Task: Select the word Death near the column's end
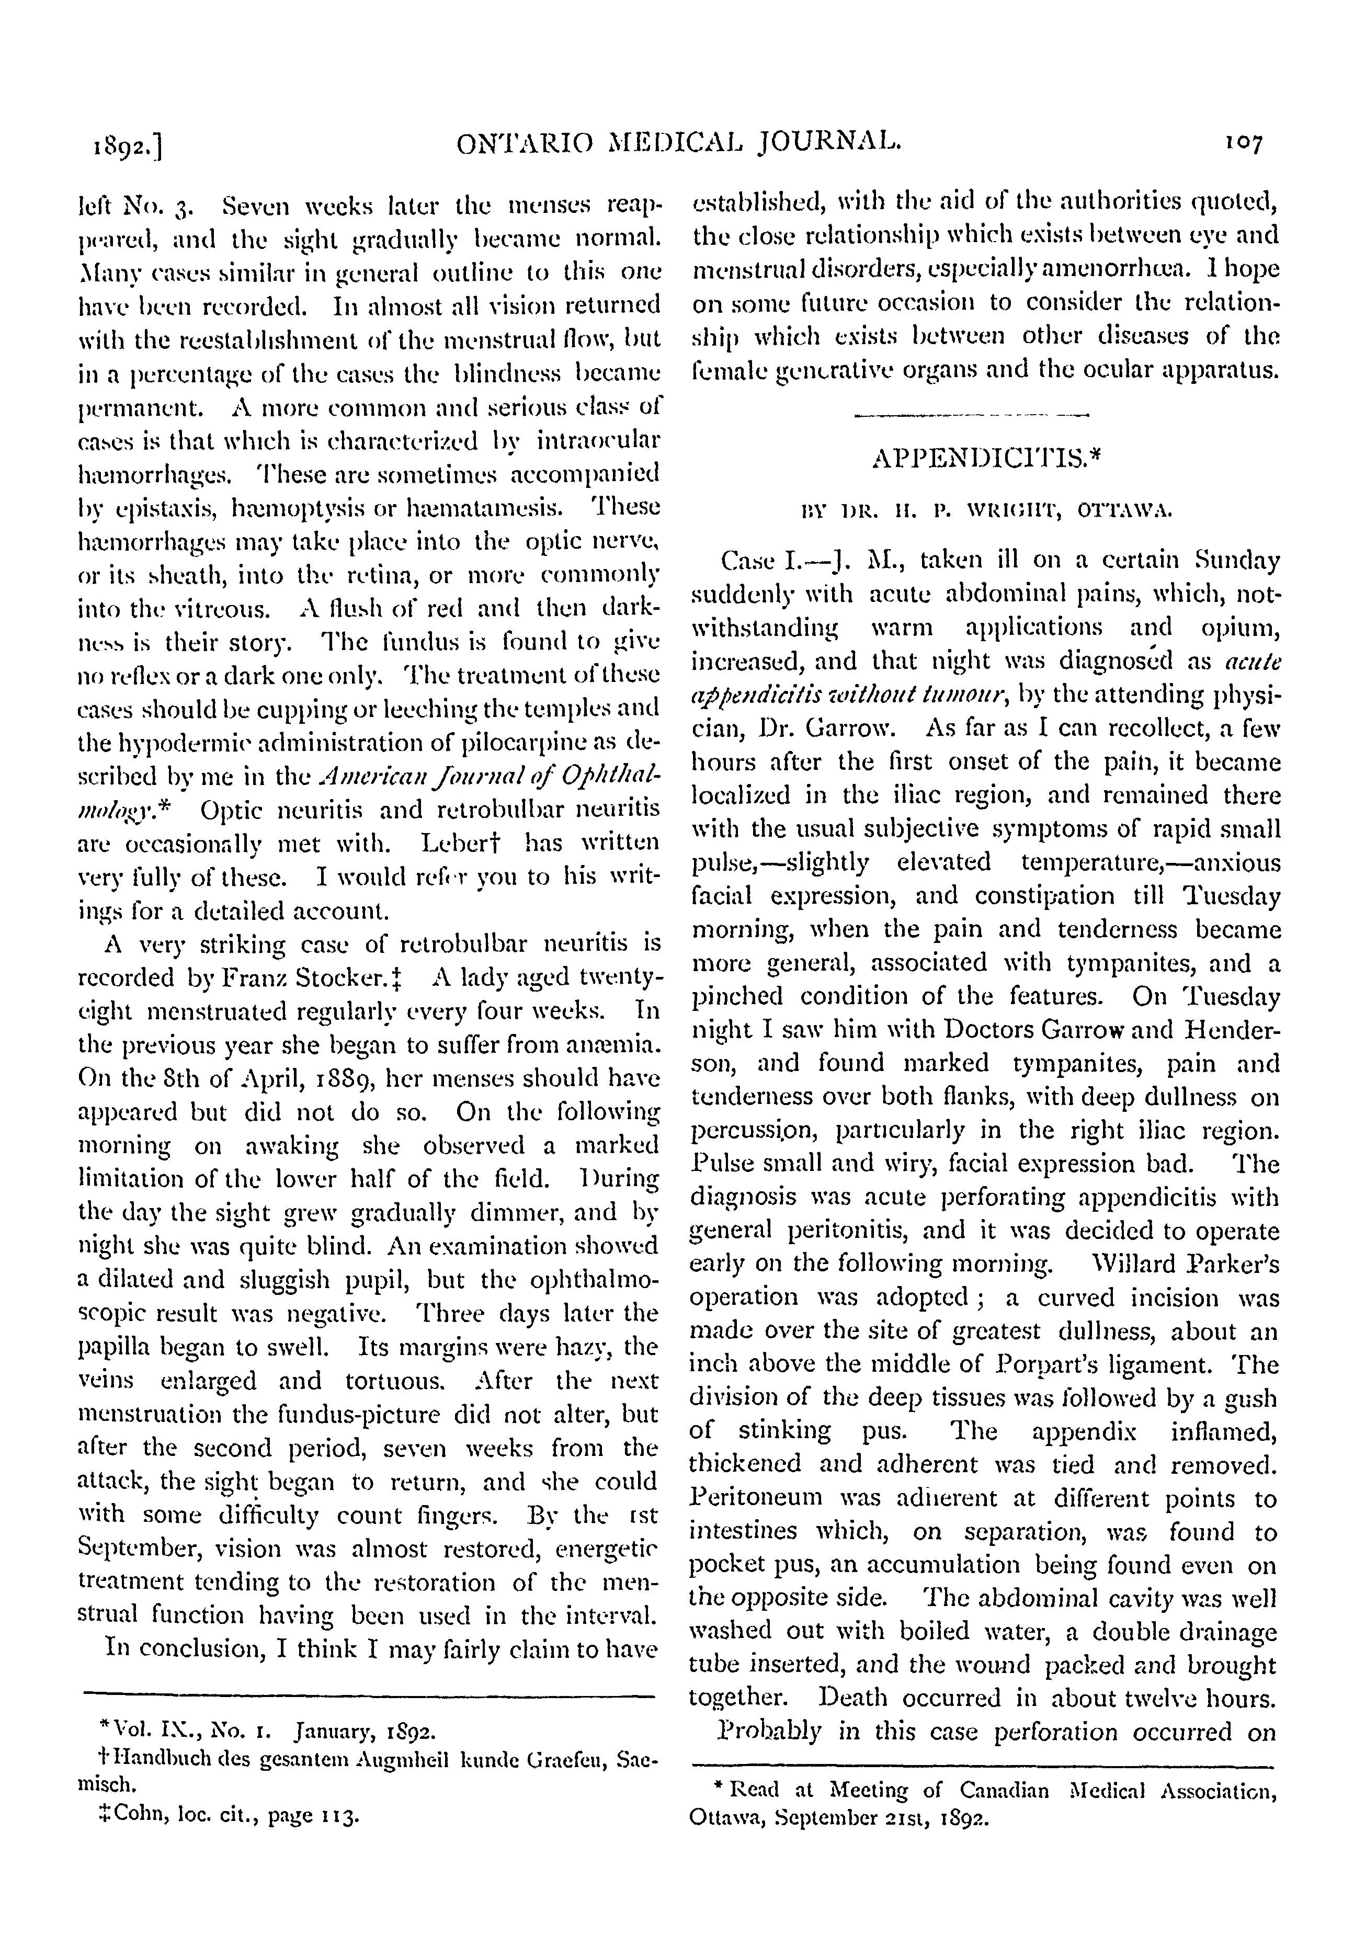[861, 1698]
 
